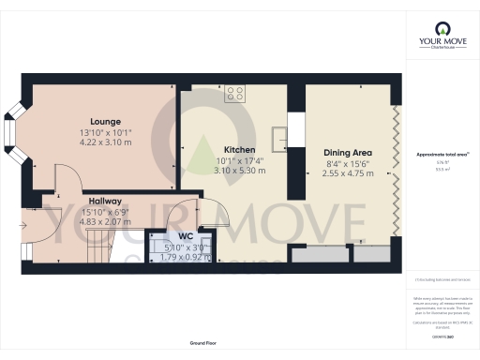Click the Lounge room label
[104, 121]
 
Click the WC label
[185, 236]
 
